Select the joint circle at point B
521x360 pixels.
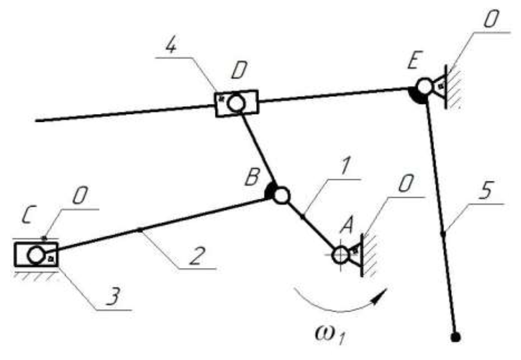point(281,195)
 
